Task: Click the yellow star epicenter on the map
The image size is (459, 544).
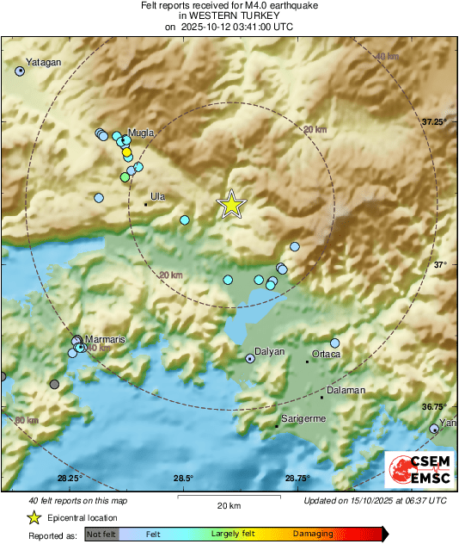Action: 230,204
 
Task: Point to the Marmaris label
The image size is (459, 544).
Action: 105,339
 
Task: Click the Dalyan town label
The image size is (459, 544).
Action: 269,352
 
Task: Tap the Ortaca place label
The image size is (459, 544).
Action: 326,354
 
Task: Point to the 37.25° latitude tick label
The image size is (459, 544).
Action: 434,122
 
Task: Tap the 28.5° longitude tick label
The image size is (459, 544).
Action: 183,479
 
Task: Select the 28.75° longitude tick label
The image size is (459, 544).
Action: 297,479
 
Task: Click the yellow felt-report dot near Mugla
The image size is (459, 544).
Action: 126,152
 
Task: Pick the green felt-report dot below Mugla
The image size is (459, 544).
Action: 125,176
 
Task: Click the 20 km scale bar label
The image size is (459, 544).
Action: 228,505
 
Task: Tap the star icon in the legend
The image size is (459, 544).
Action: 34,517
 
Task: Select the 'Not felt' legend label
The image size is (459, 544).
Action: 102,534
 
